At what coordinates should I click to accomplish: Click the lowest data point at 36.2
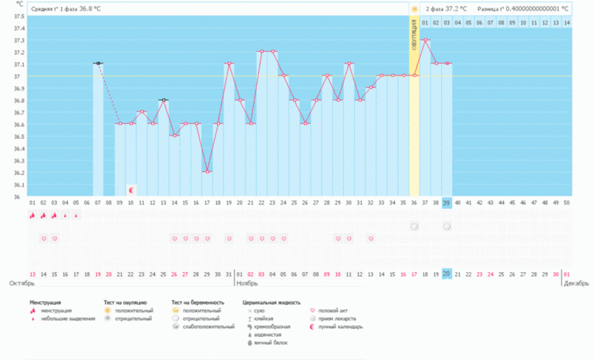[208, 171]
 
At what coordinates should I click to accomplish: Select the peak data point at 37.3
[425, 39]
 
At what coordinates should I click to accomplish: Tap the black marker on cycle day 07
[98, 63]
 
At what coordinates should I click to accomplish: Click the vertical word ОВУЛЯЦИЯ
[414, 35]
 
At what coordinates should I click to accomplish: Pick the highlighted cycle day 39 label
[447, 203]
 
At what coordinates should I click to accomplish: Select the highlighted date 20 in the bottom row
[447, 274]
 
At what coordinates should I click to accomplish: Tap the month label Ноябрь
[246, 283]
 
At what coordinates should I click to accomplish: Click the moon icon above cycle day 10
[130, 189]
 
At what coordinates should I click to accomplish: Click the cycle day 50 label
[567, 203]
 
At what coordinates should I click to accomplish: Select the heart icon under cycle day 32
[371, 238]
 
